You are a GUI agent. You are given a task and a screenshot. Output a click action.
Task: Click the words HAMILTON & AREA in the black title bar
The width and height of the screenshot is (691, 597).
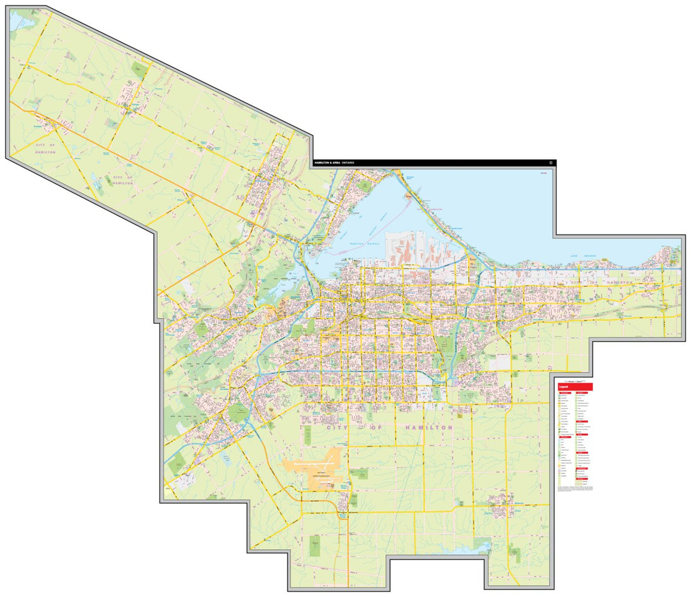coord(326,164)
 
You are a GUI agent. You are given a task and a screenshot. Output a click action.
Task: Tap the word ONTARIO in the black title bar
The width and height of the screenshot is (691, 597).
coord(348,164)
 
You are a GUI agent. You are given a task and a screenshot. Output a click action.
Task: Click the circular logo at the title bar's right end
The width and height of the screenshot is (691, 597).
coord(551,163)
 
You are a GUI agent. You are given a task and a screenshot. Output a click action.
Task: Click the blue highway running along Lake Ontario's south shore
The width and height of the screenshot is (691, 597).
coord(576,269)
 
